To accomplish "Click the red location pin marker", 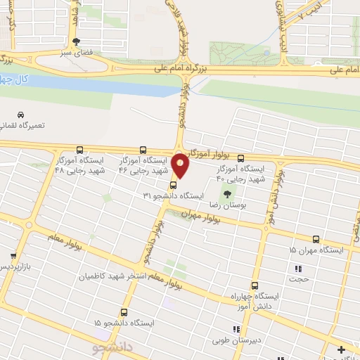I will coord(181,165).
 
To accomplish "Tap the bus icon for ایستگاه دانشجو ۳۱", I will coord(174,186).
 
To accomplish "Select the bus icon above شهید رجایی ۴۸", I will coord(79,150).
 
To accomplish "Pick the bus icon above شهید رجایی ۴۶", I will coord(143,150).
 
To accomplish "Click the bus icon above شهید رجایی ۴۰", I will coord(241,158).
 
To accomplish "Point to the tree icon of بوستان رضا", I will coord(226,193).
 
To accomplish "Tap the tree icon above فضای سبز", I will coord(77,41).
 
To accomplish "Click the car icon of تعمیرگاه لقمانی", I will coord(21,114).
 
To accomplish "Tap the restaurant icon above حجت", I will coord(298,269).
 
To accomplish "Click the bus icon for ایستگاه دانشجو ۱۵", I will coord(124,312).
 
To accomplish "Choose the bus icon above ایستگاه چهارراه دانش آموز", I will coord(255,286).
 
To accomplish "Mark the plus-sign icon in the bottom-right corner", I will coord(341,349).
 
